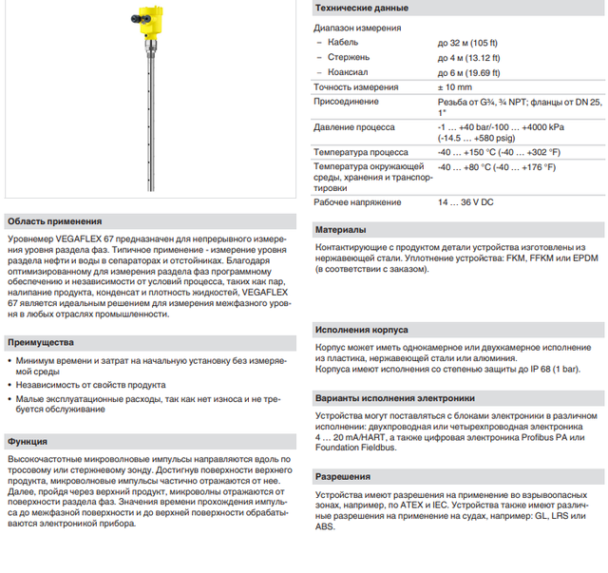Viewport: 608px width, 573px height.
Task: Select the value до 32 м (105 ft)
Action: (474, 43)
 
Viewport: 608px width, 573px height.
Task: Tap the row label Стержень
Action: (349, 57)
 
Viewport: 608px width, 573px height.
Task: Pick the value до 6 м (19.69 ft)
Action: (474, 72)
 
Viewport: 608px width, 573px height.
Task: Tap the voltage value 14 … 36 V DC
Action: (465, 202)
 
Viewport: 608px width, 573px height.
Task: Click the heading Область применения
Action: (53, 219)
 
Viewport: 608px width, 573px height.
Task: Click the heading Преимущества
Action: (47, 341)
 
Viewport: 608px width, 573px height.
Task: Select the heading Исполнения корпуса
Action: (362, 330)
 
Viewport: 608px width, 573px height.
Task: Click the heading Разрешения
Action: (344, 476)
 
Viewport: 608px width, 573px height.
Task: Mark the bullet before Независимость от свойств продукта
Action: (9, 385)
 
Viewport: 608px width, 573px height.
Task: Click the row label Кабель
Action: (343, 43)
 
